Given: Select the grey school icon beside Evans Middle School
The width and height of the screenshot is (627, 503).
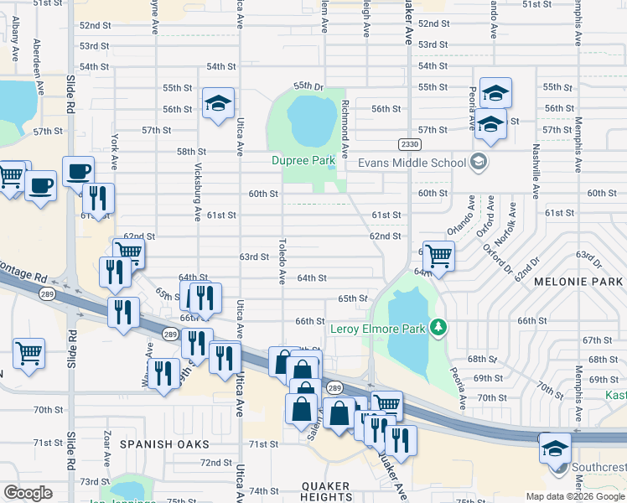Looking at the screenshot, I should (479, 161).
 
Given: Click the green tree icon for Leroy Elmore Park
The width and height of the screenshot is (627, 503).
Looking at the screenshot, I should (436, 326).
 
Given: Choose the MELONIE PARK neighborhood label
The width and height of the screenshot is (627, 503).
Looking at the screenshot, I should (579, 283).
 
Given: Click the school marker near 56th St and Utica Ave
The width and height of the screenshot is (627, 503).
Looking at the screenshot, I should (219, 104).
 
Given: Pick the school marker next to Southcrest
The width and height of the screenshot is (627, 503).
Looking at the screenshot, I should (555, 448).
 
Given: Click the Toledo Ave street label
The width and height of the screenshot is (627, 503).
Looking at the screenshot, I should (282, 261).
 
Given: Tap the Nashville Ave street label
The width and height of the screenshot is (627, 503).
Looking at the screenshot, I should (535, 169).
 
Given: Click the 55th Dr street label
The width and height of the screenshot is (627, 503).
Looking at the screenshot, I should (308, 86).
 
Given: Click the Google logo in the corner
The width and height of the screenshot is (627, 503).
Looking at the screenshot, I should (28, 493).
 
